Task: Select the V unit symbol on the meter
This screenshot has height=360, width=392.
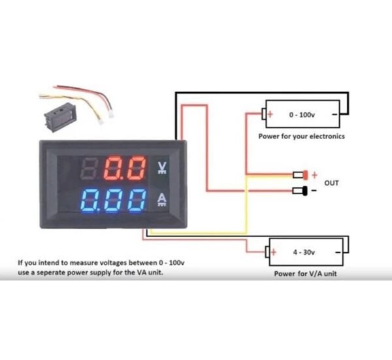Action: [x=163, y=168]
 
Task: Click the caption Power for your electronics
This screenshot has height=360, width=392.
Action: [x=301, y=137]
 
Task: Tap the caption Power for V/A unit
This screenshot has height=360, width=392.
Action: [x=305, y=274]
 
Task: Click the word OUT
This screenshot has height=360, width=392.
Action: [x=331, y=183]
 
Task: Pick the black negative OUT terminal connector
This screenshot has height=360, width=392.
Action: [x=301, y=191]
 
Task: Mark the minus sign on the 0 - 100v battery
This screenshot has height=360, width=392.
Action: [x=334, y=115]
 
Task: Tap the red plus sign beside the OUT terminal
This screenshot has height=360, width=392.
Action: [x=314, y=174]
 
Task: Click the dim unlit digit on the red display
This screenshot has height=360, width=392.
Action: [x=90, y=169]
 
